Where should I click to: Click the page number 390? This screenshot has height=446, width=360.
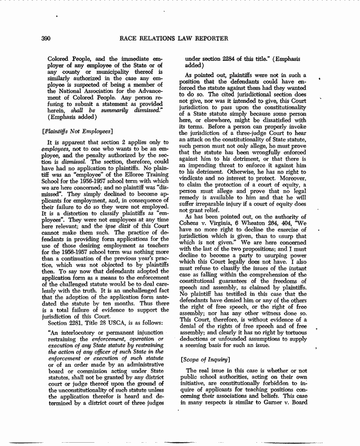point(46,39)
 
